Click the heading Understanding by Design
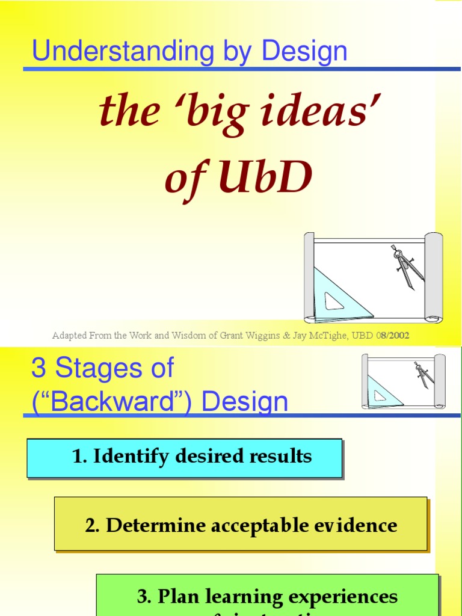pyautogui.click(x=189, y=51)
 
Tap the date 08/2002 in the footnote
pyautogui.click(x=392, y=336)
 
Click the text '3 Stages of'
pyautogui.click(x=102, y=368)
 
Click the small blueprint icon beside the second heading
pyautogui.click(x=403, y=381)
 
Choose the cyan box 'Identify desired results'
pyautogui.click(x=184, y=457)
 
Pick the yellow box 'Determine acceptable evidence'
pyautogui.click(x=241, y=525)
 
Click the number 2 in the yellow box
pyautogui.click(x=91, y=525)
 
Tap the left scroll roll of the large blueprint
pyautogui.click(x=309, y=277)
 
